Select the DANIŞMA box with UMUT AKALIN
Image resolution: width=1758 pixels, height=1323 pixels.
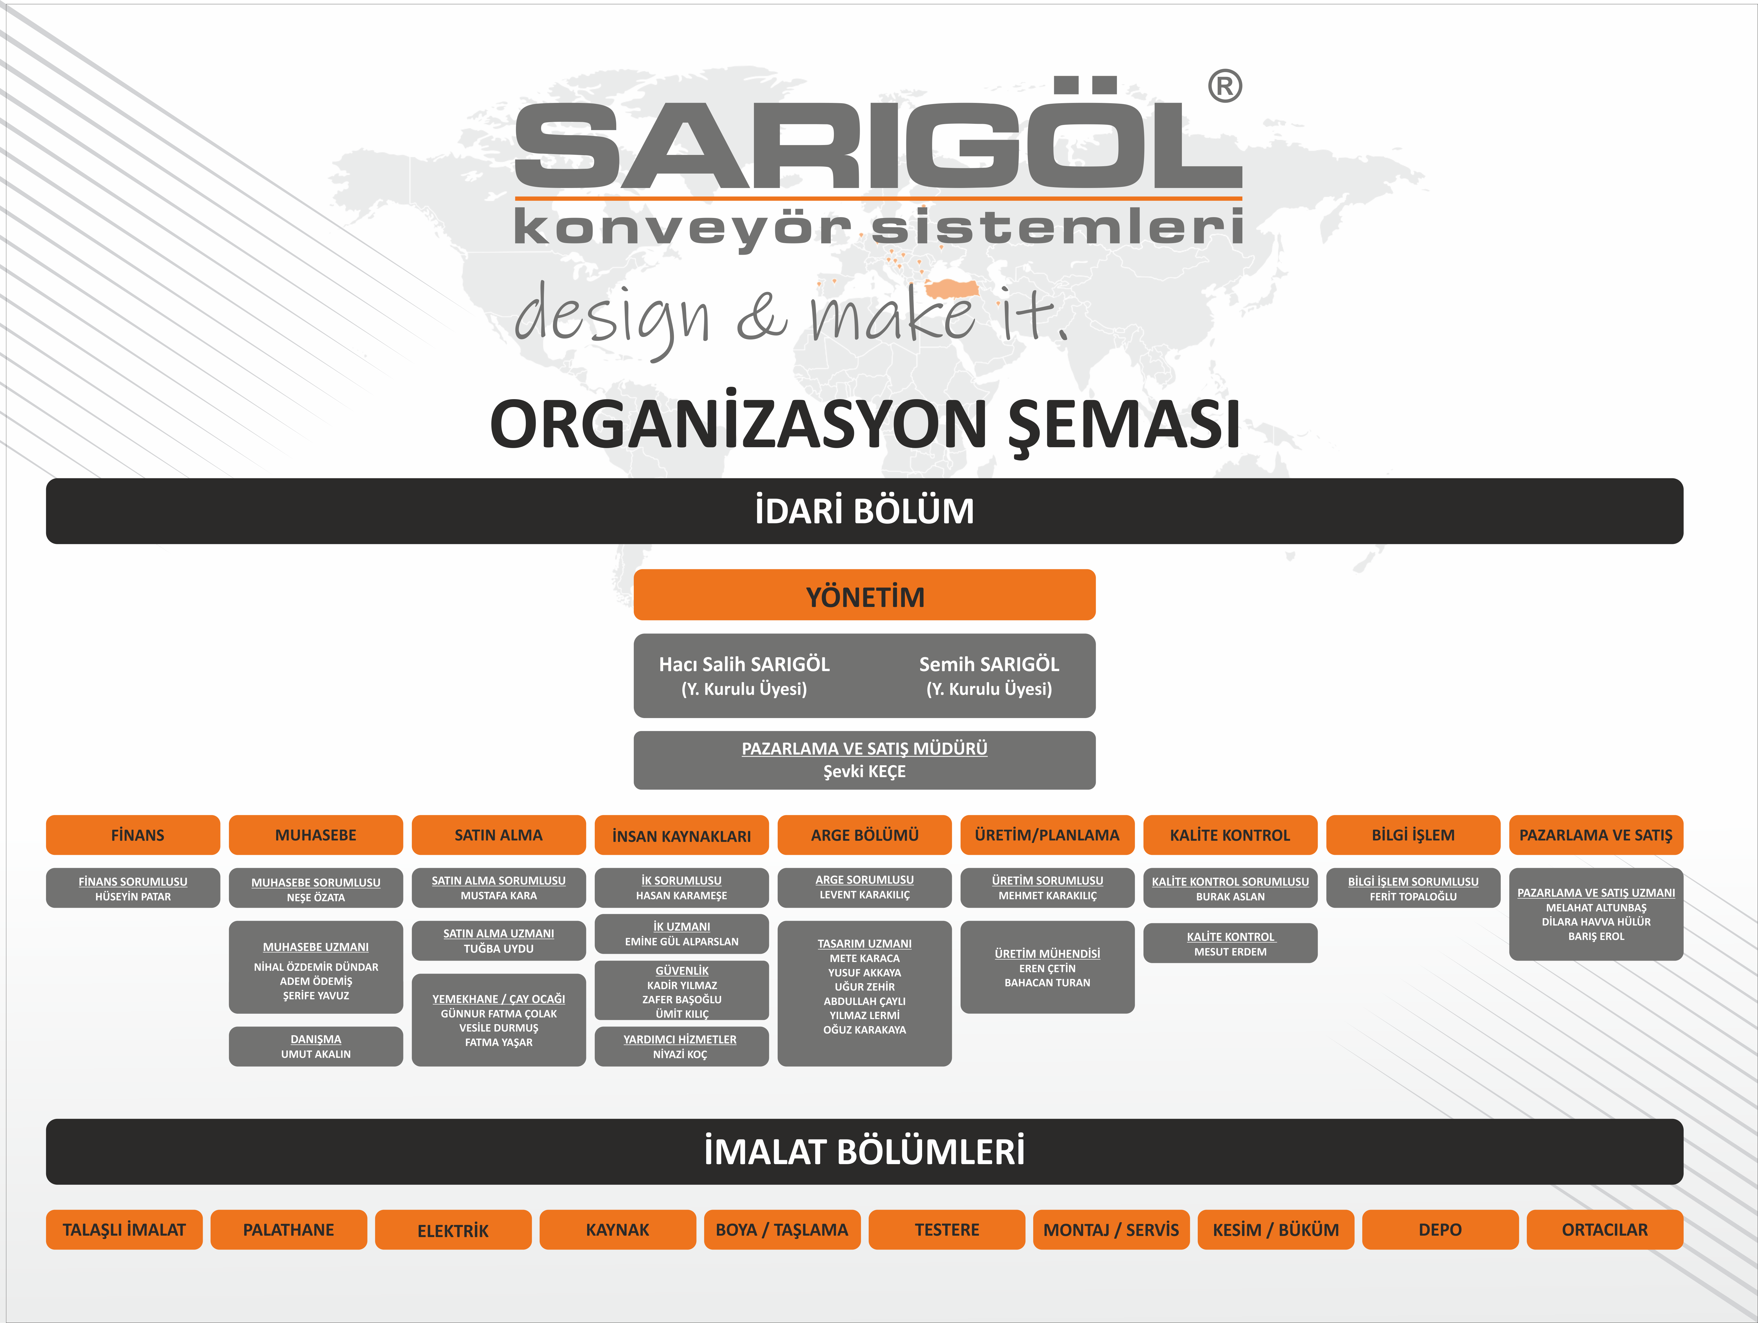pyautogui.click(x=315, y=1047)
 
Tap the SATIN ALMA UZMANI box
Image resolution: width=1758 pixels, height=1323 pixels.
pyautogui.click(x=498, y=941)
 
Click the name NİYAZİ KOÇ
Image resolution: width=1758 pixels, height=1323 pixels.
pyautogui.click(x=680, y=1054)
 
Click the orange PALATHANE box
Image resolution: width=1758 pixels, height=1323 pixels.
pyautogui.click(x=289, y=1229)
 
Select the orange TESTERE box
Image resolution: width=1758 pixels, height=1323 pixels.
pyautogui.click(x=946, y=1229)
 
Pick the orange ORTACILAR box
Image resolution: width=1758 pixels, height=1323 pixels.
pyautogui.click(x=1605, y=1229)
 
